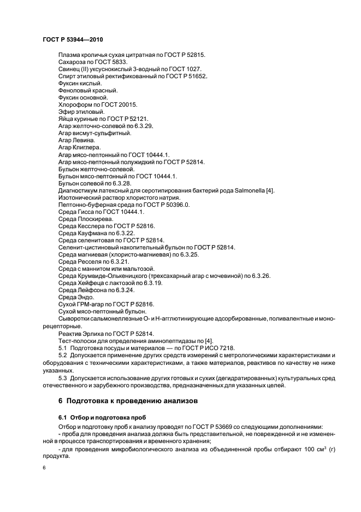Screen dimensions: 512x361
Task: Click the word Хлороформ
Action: click(75, 104)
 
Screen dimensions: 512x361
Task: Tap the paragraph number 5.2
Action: click(62, 356)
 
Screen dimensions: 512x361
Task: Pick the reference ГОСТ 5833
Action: click(111, 62)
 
